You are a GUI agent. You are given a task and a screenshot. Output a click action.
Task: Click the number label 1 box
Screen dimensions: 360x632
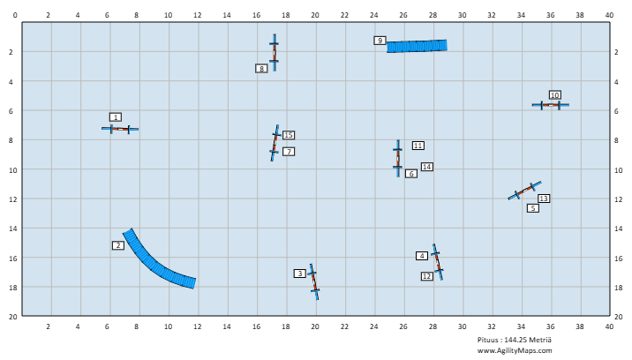116,117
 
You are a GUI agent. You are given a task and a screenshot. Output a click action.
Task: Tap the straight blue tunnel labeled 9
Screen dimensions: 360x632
417,46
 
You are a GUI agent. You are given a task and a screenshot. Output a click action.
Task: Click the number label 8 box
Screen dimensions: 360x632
261,68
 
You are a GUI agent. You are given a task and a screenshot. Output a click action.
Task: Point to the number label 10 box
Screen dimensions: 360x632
554,95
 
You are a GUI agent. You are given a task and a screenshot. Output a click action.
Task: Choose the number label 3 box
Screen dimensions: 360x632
300,274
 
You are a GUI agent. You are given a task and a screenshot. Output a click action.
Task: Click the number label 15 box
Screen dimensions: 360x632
289,135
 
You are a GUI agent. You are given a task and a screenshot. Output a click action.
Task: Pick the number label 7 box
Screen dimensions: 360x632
289,152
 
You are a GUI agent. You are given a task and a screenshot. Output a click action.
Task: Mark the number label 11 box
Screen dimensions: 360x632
418,146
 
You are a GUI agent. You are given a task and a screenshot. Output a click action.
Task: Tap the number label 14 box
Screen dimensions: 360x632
427,167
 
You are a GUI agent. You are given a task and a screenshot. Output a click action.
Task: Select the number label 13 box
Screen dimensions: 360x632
544,199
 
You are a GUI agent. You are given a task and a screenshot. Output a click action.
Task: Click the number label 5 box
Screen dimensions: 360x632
533,208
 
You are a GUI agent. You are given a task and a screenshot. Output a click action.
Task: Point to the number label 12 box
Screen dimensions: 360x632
427,276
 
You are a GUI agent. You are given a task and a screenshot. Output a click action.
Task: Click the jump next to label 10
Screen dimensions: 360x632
550,105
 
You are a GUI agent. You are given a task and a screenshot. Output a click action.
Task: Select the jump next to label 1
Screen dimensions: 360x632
120,129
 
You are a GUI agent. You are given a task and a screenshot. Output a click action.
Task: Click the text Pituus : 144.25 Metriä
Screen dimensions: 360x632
525,340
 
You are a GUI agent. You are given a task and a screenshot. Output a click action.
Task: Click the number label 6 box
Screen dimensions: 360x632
411,174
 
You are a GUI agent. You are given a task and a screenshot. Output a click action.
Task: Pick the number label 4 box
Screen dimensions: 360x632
422,256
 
